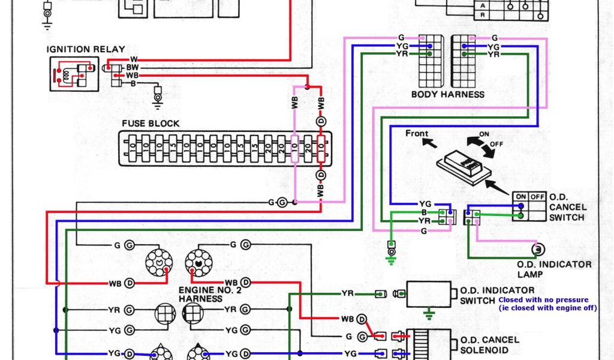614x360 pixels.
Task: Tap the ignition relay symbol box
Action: click(74, 74)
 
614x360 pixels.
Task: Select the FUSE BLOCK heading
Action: click(151, 124)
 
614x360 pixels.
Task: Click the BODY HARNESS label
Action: click(447, 94)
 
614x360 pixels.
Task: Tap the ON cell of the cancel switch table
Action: click(520, 196)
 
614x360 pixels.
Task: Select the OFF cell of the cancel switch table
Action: click(537, 196)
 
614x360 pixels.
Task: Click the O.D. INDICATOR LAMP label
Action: click(554, 269)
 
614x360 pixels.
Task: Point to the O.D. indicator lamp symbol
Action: click(538, 248)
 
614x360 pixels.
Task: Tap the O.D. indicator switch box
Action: click(429, 294)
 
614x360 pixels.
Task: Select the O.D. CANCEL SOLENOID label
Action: click(490, 344)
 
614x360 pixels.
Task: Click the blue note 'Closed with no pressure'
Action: click(543, 299)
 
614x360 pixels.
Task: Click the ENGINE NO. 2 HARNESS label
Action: click(204, 293)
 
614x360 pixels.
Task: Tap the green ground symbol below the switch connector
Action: click(391, 258)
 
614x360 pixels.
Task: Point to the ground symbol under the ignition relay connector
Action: click(158, 98)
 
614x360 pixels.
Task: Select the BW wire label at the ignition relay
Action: click(131, 68)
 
